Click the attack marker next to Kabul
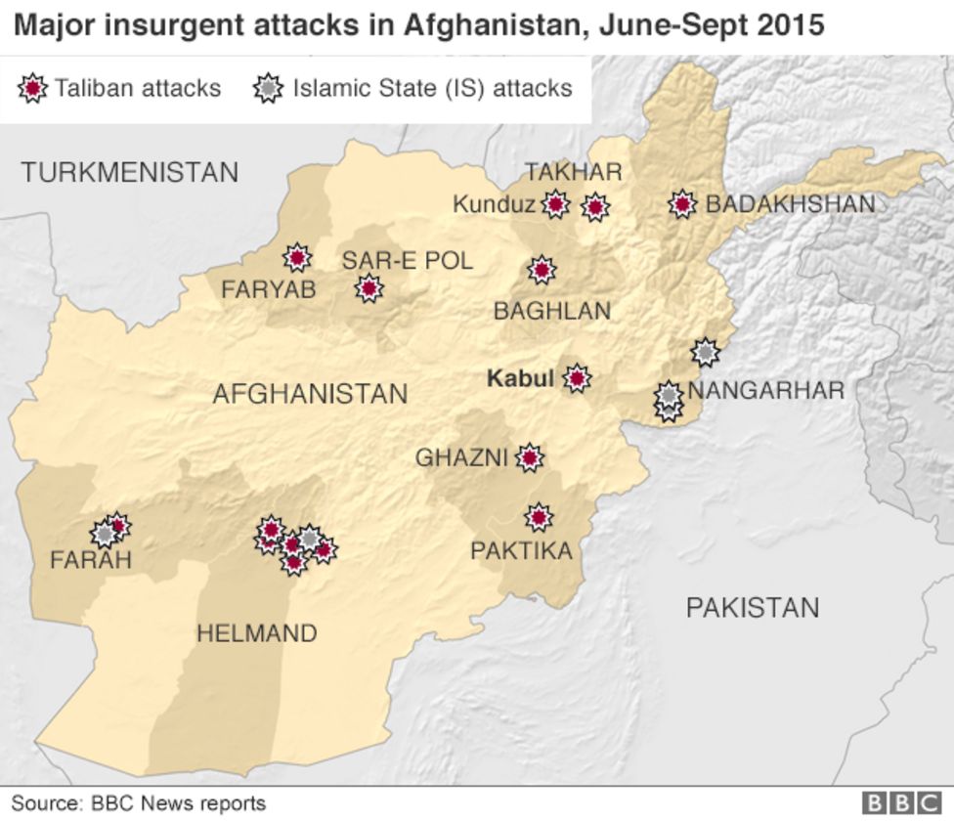pyautogui.click(x=577, y=378)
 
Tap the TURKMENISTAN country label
pyautogui.click(x=130, y=173)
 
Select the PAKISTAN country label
pyautogui.click(x=752, y=608)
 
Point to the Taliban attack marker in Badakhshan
pyautogui.click(x=682, y=204)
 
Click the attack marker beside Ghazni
pyautogui.click(x=529, y=456)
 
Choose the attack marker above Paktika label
pyautogui.click(x=538, y=517)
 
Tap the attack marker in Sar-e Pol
pyautogui.click(x=369, y=288)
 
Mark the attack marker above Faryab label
pyautogui.click(x=297, y=257)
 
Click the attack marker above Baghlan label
pyautogui.click(x=542, y=270)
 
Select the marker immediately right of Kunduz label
pyautogui.click(x=555, y=204)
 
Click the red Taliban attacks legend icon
pyautogui.click(x=32, y=89)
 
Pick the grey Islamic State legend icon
pyautogui.click(x=267, y=89)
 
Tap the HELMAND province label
pyautogui.click(x=257, y=633)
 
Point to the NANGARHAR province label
pyautogui.click(x=766, y=391)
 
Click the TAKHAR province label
pyautogui.click(x=573, y=172)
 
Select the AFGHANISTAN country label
pyautogui.click(x=310, y=394)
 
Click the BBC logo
pyautogui.click(x=900, y=803)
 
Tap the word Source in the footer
pyautogui.click(x=44, y=803)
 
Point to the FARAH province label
pyautogui.click(x=91, y=560)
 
